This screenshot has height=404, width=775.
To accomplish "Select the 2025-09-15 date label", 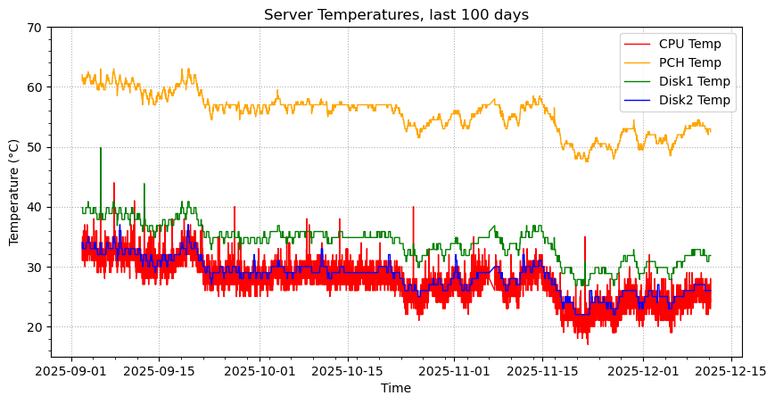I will [160, 369].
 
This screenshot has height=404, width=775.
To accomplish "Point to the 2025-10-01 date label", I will [260, 369].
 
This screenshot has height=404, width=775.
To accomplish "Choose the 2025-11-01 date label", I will [454, 369].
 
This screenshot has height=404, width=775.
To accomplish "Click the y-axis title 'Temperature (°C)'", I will [14, 192].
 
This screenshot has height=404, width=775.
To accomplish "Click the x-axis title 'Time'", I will [396, 388].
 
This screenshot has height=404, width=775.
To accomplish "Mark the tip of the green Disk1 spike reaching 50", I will [101, 148].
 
